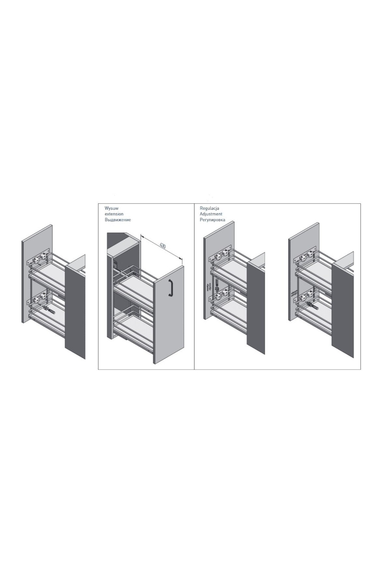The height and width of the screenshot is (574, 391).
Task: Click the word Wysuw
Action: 110,208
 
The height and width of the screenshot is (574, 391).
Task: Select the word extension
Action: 114,214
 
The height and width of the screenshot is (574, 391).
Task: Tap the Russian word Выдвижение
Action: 117,220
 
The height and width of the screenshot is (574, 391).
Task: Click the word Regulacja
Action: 209,208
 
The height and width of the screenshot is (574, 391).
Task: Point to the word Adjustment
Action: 211,214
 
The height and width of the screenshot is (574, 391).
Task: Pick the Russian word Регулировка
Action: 212,220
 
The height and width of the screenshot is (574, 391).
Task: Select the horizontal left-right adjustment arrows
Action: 294,293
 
